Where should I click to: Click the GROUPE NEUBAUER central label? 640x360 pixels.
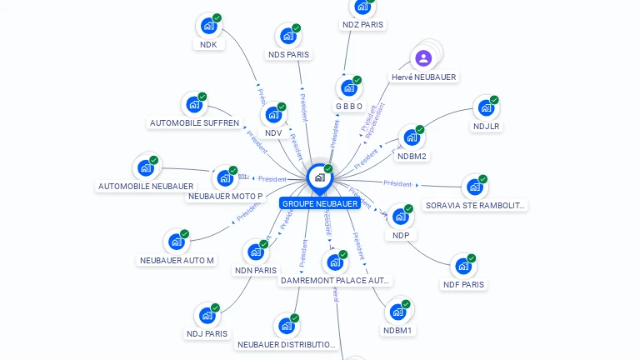[x=320, y=203]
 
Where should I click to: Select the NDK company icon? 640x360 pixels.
[x=208, y=26]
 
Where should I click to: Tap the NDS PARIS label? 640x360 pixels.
[x=288, y=55]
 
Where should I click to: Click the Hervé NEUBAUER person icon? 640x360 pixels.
[x=423, y=58]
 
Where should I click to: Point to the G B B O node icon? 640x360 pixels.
[x=348, y=87]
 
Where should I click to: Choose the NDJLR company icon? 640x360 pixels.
[x=485, y=107]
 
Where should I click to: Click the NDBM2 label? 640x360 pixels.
[x=412, y=156]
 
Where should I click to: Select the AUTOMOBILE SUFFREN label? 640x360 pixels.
[x=194, y=123]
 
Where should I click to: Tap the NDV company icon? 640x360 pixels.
[x=273, y=115]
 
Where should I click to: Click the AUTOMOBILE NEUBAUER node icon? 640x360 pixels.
[x=146, y=167]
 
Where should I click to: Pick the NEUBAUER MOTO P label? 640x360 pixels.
[x=225, y=197]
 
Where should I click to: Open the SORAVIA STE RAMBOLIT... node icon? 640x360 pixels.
[x=474, y=187]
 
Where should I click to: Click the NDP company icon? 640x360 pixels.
[x=400, y=217]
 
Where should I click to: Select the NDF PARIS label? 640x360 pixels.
[x=463, y=284]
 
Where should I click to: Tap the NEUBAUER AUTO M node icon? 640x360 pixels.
[x=176, y=242]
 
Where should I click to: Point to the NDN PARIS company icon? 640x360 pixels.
[x=256, y=252]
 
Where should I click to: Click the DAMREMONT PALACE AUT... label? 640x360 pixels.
[x=335, y=281]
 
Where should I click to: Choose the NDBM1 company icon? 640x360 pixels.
[x=397, y=312]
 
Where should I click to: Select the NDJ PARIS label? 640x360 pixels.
[x=207, y=334]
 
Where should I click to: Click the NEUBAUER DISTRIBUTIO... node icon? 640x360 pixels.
[x=287, y=326]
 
